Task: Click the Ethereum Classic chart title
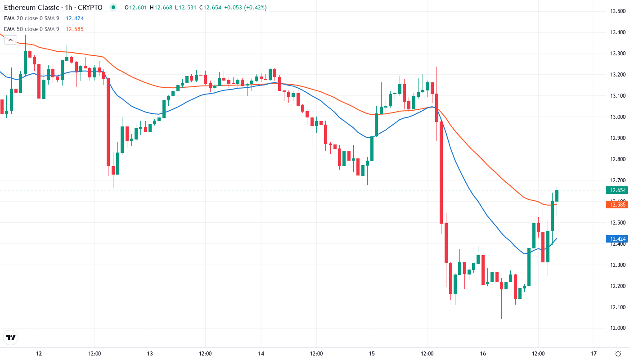pos(53,7)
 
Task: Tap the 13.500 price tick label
pos(616,11)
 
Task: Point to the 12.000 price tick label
pos(616,328)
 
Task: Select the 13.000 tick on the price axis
pos(616,117)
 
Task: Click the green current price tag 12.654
pos(616,190)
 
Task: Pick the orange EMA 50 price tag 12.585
pos(616,205)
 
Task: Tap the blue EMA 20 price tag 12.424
pos(616,238)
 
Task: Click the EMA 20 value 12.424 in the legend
pos(75,18)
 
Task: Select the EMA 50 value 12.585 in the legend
pos(75,29)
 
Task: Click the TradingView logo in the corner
pos(11,337)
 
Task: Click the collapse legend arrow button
pos(10,40)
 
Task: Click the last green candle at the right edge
pos(557,195)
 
